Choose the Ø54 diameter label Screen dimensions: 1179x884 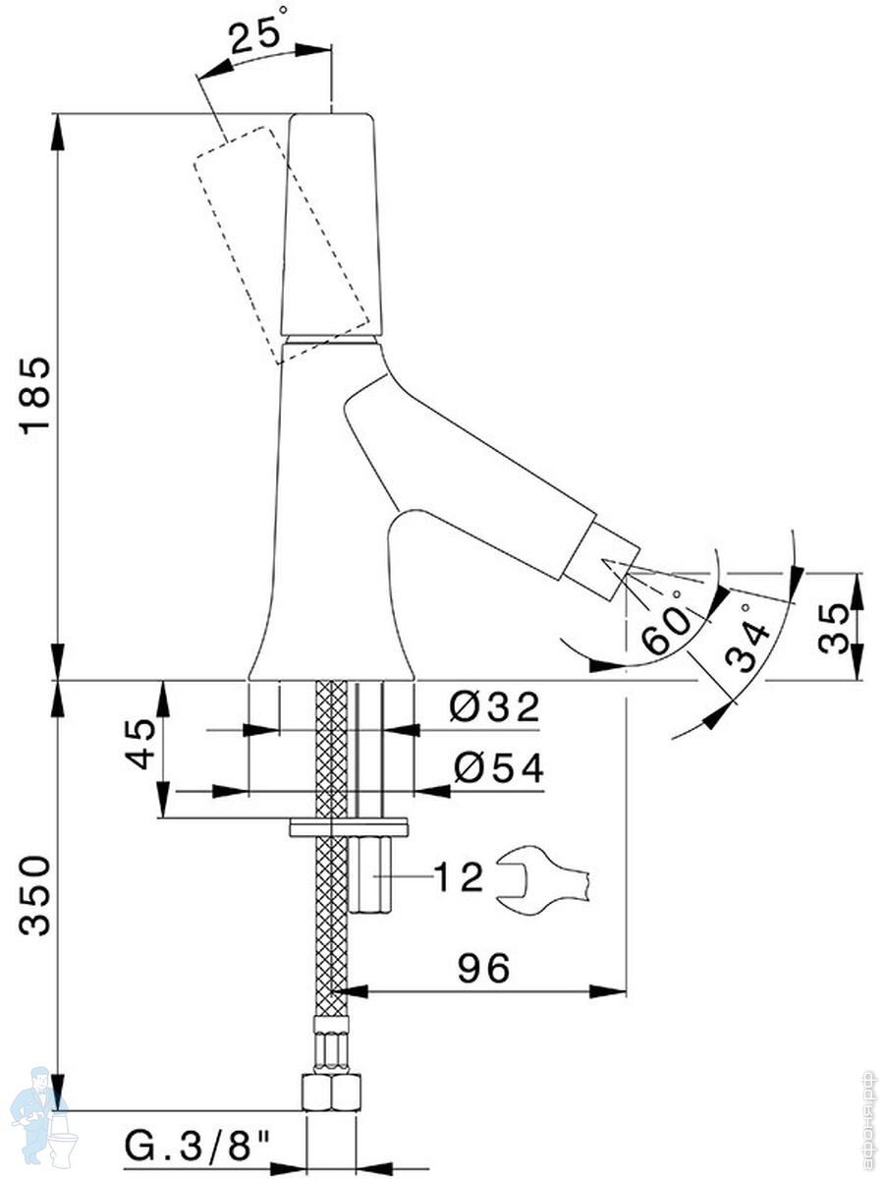(497, 769)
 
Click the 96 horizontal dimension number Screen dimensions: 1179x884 (484, 969)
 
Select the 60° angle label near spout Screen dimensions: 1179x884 (668, 629)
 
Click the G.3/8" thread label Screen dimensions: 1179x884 (197, 1144)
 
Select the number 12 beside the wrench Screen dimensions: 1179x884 (460, 876)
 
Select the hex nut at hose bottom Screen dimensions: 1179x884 (331, 1093)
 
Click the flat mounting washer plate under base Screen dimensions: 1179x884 (349, 826)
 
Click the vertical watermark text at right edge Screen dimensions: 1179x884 (867, 1120)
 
